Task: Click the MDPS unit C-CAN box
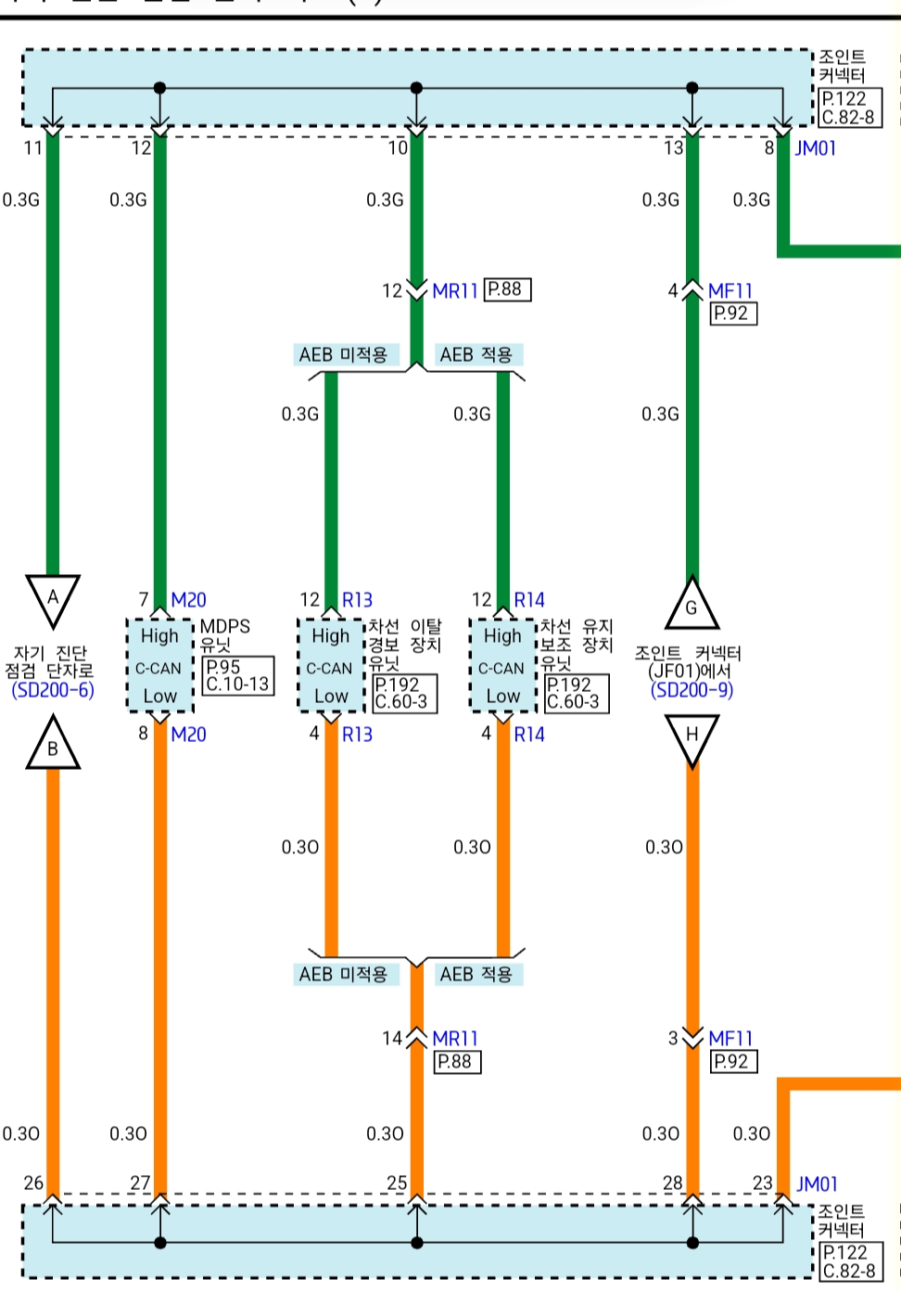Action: [159, 666]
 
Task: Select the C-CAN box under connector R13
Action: [331, 666]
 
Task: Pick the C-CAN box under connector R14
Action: [502, 666]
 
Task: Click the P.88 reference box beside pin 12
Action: [506, 289]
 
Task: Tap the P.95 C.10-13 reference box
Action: [237, 675]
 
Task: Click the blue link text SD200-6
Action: [53, 690]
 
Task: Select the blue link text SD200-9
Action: [692, 690]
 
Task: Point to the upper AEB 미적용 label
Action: [343, 354]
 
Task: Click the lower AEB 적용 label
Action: [476, 974]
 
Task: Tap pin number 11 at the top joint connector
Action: [33, 148]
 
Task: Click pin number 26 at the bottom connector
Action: [33, 1183]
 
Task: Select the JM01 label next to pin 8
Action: [816, 148]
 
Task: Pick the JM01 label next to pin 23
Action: [817, 1183]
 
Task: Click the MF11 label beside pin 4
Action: [730, 291]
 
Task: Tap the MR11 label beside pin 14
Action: [455, 1039]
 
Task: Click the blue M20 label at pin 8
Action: [188, 735]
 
